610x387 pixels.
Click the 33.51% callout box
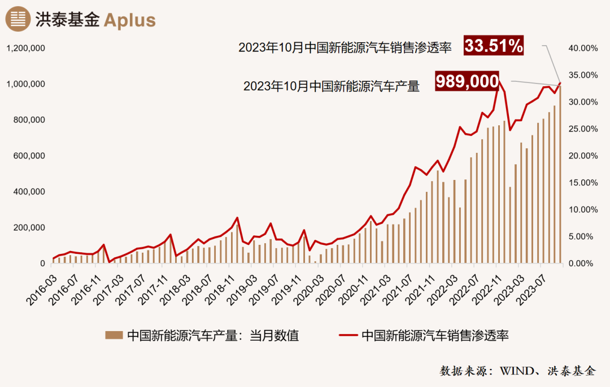(x=494, y=46)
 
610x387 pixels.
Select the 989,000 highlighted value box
(x=467, y=82)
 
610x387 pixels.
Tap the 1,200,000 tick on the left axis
(x=25, y=48)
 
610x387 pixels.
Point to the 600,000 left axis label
(x=30, y=156)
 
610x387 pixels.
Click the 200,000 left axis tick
(x=30, y=227)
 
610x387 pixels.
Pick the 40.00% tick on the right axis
(x=582, y=48)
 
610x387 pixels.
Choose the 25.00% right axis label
(x=582, y=129)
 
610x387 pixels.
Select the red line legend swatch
(x=348, y=336)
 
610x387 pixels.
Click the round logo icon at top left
(x=18, y=19)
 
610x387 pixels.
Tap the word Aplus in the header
(x=129, y=20)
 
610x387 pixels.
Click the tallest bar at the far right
(x=560, y=175)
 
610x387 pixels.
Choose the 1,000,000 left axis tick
(x=25, y=84)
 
